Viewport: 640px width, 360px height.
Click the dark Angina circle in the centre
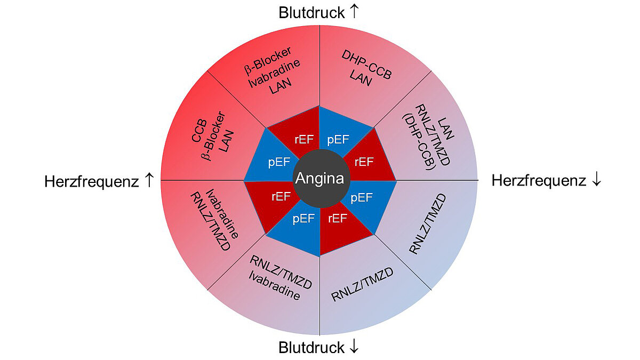coord(319,179)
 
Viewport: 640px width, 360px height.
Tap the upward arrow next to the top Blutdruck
coord(354,11)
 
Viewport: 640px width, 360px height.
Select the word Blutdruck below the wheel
coord(311,348)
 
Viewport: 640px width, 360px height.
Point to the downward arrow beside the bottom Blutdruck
coord(354,348)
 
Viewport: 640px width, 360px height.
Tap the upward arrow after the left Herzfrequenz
coord(149,181)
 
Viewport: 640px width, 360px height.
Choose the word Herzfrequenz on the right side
coord(539,181)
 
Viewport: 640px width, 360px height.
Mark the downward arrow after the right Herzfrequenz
coord(596,181)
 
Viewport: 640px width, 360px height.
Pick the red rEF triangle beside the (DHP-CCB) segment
coord(364,161)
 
